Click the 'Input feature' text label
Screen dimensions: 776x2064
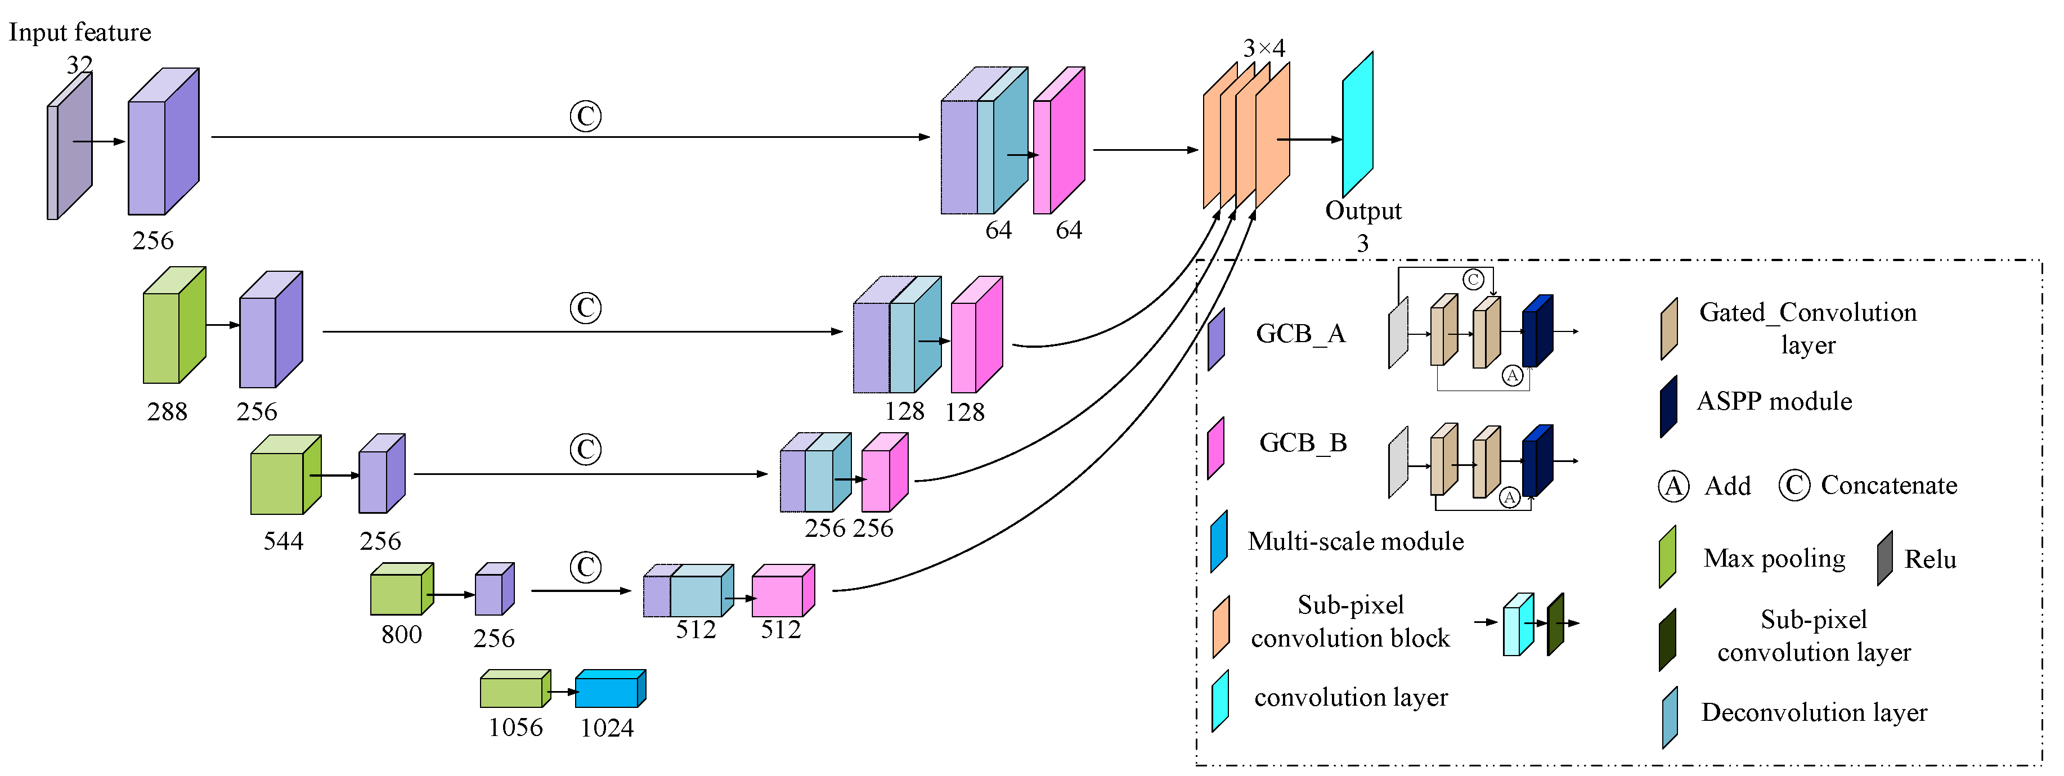(79, 32)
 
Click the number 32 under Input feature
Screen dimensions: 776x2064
(79, 64)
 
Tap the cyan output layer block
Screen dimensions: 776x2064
(1357, 124)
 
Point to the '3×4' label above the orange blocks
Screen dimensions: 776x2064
(1264, 48)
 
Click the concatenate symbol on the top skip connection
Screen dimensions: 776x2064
(586, 116)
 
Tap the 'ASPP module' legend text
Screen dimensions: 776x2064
(1774, 401)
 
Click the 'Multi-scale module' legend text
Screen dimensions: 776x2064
(1356, 541)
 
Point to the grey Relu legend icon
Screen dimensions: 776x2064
(1884, 558)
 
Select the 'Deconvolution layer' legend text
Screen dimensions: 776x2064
(1814, 712)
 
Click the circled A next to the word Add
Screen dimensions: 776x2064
(1673, 486)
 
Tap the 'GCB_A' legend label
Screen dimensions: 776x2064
(1300, 334)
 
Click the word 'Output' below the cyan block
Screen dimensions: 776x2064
(1363, 211)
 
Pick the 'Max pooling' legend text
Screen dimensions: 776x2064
(1774, 558)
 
